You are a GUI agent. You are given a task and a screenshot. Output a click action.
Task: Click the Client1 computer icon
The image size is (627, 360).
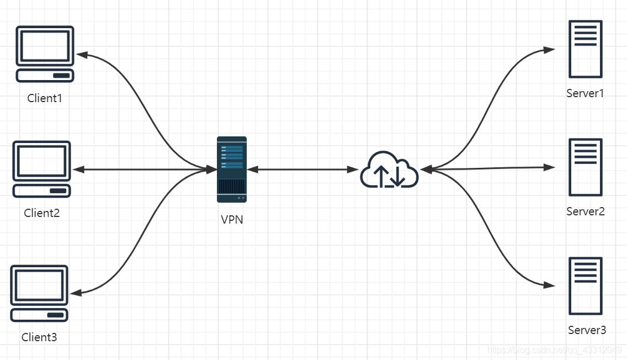pos(45,54)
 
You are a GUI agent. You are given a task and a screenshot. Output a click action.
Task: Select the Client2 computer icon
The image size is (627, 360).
pos(42,169)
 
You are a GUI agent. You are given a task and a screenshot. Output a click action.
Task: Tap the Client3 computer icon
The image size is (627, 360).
pos(39,293)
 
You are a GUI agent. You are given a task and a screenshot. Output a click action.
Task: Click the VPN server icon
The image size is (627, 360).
pos(232,170)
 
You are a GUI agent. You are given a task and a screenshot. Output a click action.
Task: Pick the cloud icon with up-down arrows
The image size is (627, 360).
pos(389,171)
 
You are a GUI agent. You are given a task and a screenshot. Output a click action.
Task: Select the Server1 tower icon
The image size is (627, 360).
pos(586,49)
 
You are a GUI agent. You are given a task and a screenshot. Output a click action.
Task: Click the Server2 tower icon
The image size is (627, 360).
pos(586,167)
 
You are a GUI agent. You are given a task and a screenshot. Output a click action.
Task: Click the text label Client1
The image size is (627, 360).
pos(45,98)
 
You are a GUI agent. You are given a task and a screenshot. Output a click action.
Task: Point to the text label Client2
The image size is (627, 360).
pos(42,213)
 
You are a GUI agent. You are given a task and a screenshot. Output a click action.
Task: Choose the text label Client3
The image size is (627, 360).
pos(39,337)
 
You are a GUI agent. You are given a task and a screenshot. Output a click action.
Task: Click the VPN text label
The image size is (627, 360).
pos(232,220)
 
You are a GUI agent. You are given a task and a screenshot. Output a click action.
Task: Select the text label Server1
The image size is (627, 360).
pos(585,93)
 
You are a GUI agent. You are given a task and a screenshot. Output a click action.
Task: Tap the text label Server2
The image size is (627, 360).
pos(586,211)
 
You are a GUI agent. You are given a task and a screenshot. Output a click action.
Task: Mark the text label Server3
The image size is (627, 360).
pos(587,330)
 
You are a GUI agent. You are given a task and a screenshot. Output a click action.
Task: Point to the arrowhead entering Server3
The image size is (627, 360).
pos(549,285)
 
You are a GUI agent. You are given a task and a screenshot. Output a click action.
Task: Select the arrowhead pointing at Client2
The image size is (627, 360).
pos(79,170)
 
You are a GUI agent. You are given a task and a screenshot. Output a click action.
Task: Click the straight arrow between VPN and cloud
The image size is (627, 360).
pos(303,170)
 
